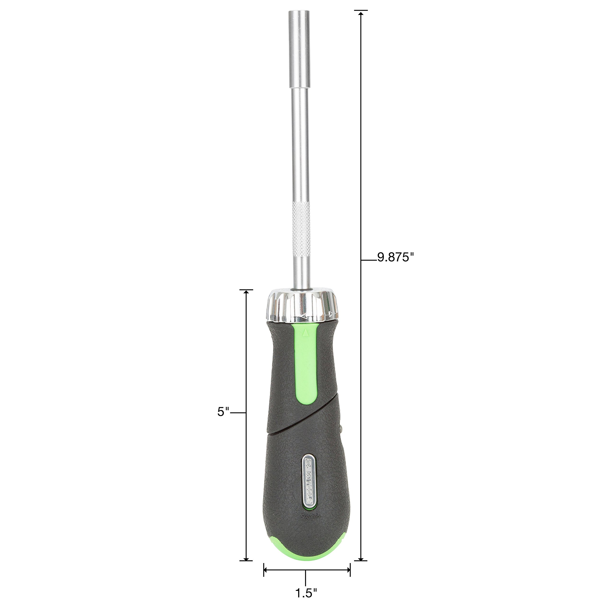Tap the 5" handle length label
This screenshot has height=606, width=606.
(223, 412)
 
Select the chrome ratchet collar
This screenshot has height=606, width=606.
(303, 306)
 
